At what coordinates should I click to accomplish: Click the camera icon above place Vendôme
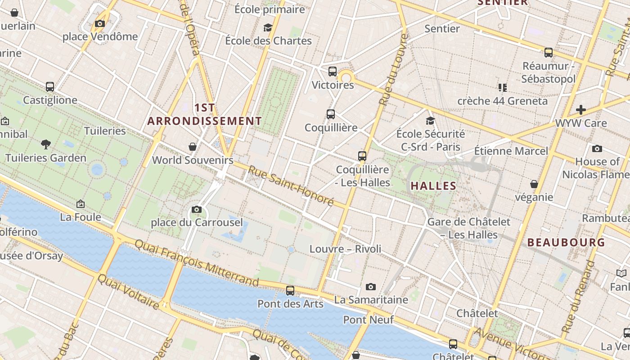[x=100, y=24]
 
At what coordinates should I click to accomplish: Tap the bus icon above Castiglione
[x=50, y=86]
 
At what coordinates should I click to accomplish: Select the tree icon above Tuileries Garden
[x=45, y=144]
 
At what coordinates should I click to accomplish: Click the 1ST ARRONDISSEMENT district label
[x=205, y=114]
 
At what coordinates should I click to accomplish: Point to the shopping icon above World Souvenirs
[x=193, y=147]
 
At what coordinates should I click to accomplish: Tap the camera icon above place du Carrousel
[x=196, y=209]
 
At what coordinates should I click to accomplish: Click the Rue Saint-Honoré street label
[x=291, y=186]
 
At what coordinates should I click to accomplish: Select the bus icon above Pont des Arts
[x=290, y=291]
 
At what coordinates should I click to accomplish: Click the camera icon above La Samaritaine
[x=371, y=287]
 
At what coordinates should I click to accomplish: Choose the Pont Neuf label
[x=368, y=319]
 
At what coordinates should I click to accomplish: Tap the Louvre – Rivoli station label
[x=345, y=249]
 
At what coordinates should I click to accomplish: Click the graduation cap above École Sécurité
[x=431, y=121]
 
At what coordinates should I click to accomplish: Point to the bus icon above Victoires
[x=333, y=71]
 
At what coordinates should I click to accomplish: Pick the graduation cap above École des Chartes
[x=268, y=28]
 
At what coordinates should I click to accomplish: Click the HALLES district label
[x=433, y=185]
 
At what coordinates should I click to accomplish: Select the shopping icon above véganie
[x=534, y=184]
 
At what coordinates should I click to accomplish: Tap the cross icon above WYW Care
[x=581, y=109]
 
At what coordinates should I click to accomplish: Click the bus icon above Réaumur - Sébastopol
[x=548, y=52]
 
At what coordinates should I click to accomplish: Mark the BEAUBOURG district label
[x=566, y=243]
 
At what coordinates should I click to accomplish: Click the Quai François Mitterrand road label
[x=197, y=263]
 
